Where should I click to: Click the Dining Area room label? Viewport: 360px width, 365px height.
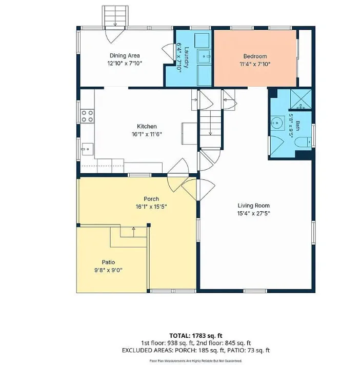pos(125,56)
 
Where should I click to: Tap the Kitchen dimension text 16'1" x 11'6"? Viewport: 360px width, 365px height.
pos(147,134)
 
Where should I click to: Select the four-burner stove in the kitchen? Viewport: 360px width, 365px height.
pos(87,116)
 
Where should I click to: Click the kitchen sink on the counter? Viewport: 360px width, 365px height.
pos(87,149)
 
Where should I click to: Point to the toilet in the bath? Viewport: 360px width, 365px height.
pos(304,142)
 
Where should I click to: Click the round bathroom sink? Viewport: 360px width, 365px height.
pos(277,123)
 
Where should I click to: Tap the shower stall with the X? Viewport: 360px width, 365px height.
pos(301,99)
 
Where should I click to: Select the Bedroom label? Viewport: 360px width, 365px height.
pos(255,56)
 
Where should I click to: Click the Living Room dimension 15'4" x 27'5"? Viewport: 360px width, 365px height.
pos(253,213)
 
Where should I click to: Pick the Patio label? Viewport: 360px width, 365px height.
pos(108,262)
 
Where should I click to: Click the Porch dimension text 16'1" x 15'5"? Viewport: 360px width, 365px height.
pos(151,207)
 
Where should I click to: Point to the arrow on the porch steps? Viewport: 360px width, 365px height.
pos(133,232)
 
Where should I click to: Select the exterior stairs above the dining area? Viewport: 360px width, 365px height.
pos(115,16)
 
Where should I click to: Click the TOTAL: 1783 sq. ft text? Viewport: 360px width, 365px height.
pos(195,336)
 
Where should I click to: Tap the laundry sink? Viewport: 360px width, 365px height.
pos(204,56)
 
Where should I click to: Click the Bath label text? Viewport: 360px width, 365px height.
pos(297,126)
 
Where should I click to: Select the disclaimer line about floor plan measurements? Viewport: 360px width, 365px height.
pos(195,361)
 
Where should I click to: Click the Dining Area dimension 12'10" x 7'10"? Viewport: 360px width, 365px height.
pos(125,64)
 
